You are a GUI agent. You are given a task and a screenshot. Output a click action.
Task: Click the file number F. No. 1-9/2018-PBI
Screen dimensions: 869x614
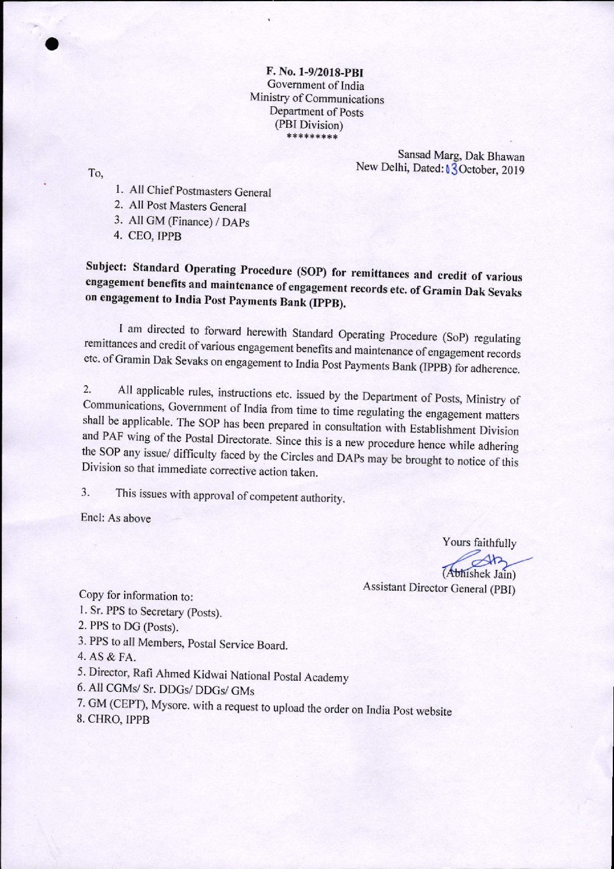(315, 73)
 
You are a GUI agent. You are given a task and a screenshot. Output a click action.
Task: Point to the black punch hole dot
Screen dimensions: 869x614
(54, 46)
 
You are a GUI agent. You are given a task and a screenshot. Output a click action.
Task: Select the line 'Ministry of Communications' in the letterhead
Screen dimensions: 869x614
(317, 99)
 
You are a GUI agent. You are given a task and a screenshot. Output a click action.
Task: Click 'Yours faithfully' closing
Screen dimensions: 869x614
(479, 543)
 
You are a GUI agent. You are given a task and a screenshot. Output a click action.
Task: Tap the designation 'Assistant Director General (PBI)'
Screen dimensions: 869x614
(439, 588)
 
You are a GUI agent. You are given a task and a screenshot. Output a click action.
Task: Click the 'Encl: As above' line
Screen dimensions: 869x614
(115, 518)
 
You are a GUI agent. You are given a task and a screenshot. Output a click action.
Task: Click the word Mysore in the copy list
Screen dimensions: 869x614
(169, 704)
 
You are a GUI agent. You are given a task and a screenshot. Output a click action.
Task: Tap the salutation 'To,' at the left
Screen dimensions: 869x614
(95, 173)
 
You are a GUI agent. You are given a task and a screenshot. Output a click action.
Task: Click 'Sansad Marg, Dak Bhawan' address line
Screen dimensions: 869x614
(461, 156)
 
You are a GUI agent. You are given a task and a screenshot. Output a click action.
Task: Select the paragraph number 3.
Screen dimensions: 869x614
(85, 493)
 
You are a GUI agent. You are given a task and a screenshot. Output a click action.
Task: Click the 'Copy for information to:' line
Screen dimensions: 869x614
(136, 595)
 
